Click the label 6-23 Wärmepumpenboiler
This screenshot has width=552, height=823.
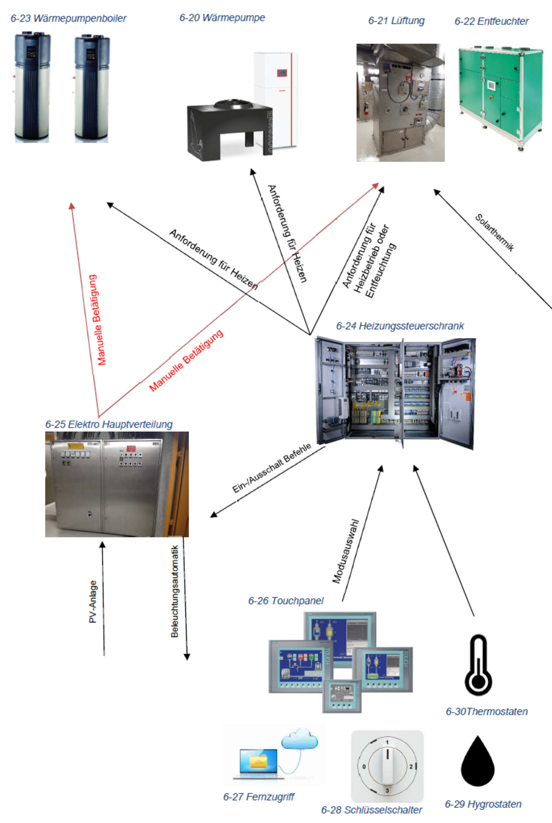click(x=69, y=19)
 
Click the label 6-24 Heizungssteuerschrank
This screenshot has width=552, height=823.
click(x=400, y=326)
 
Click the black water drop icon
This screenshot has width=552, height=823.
click(x=477, y=762)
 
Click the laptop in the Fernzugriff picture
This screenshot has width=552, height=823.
click(x=259, y=764)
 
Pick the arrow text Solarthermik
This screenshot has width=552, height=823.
click(x=494, y=232)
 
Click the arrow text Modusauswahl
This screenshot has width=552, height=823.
click(x=345, y=552)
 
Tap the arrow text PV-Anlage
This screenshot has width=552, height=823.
click(x=93, y=602)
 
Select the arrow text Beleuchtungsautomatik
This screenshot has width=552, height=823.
click(x=175, y=591)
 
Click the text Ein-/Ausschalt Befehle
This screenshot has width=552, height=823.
click(x=271, y=468)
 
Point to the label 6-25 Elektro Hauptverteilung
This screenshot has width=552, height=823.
click(x=109, y=425)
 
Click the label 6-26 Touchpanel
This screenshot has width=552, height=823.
click(x=286, y=601)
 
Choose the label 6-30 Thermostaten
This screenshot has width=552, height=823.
click(x=487, y=712)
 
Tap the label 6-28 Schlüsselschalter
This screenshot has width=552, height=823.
click(x=372, y=810)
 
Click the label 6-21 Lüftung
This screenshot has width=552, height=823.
click(x=396, y=21)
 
